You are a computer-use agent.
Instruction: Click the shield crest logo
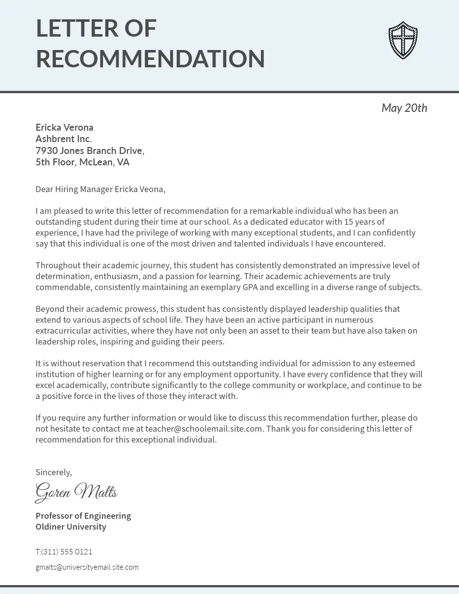point(403,41)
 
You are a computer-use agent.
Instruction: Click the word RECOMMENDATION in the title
point(150,59)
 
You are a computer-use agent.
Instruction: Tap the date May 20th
point(404,108)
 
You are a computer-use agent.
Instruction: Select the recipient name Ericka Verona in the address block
point(64,128)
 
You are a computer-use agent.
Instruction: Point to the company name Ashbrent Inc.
point(63,139)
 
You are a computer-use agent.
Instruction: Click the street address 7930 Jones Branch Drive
point(90,150)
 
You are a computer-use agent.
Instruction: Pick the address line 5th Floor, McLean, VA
point(82,162)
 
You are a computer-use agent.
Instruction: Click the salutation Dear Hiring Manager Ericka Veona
point(100,189)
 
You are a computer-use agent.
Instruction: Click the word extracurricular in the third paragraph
point(66,331)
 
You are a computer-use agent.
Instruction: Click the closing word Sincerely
point(53,472)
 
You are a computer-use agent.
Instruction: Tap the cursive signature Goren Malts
point(76,492)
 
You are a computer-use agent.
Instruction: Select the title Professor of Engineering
point(83,516)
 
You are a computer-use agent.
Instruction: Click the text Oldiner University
point(71,527)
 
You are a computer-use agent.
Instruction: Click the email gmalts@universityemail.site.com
point(87,567)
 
